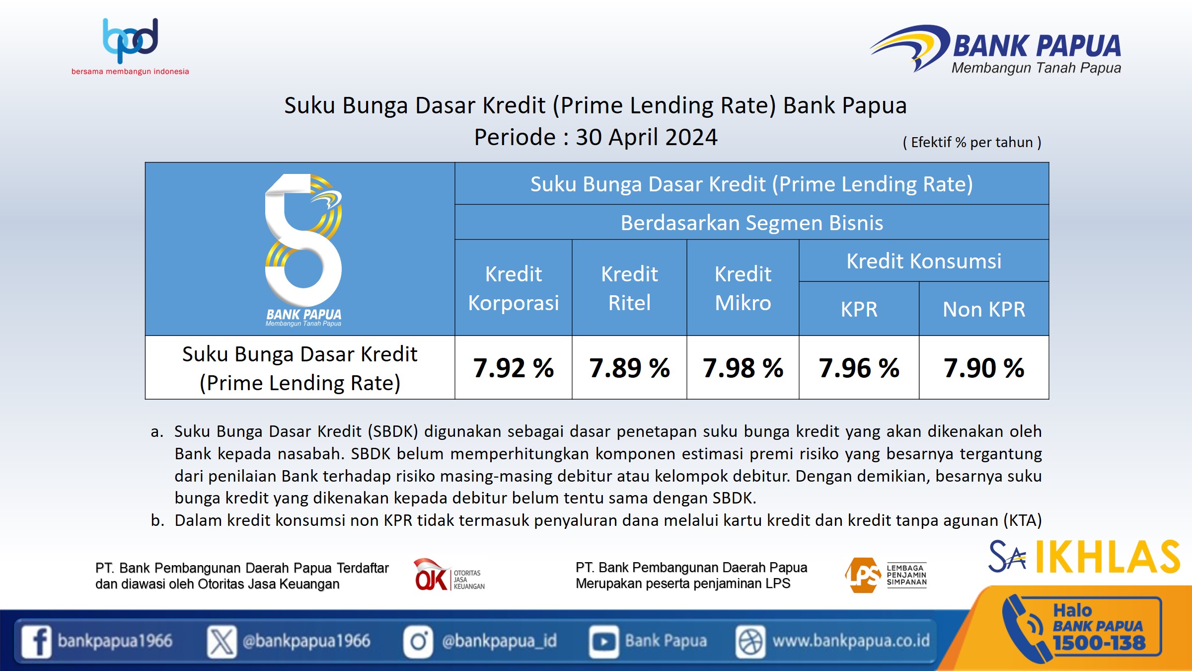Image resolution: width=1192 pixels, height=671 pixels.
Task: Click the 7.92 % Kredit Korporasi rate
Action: (x=514, y=368)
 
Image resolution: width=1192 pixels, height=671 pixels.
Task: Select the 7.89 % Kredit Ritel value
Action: (x=629, y=368)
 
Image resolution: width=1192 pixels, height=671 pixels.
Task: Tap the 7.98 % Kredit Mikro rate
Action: (x=743, y=368)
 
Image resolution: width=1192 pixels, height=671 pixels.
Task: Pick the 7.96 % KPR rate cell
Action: (x=859, y=368)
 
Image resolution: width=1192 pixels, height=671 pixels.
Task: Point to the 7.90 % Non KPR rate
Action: (x=984, y=368)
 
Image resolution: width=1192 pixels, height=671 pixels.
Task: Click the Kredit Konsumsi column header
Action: (x=924, y=261)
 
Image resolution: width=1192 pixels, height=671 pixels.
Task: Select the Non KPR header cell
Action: (x=984, y=309)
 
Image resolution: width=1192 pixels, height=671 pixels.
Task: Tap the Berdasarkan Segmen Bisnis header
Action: (x=752, y=223)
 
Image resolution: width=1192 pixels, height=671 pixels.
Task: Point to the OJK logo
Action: (x=449, y=575)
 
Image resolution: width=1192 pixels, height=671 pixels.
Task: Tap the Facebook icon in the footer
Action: (x=36, y=641)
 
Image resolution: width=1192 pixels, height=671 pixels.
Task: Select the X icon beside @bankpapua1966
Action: (x=222, y=641)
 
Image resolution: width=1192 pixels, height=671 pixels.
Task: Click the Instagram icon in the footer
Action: (x=418, y=641)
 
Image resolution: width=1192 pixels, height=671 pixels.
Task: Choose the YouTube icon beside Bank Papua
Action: (x=604, y=641)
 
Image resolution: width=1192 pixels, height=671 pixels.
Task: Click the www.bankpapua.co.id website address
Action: (x=851, y=641)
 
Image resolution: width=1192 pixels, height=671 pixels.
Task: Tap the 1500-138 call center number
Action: (x=1099, y=643)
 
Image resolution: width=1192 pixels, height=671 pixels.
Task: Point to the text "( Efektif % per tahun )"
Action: (x=972, y=142)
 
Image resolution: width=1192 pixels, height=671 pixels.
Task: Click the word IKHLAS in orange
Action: (x=1108, y=557)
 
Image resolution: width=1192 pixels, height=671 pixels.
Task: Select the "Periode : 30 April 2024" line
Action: (x=596, y=137)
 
